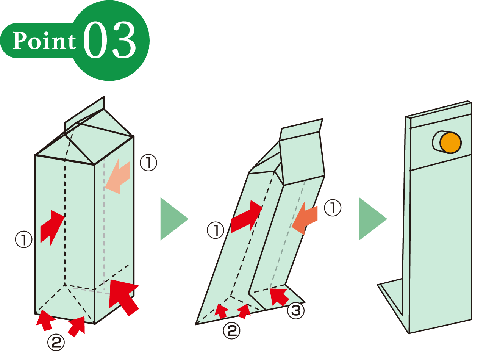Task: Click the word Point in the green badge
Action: pyautogui.click(x=44, y=41)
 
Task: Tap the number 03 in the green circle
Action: pyautogui.click(x=110, y=40)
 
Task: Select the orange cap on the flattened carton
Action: pyautogui.click(x=451, y=142)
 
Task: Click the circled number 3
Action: pyautogui.click(x=295, y=311)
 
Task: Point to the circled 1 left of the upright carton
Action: pyautogui.click(x=23, y=239)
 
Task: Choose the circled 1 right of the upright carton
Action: pyautogui.click(x=148, y=163)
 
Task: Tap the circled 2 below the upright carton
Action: pyautogui.click(x=56, y=342)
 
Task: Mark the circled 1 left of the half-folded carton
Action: pyautogui.click(x=216, y=230)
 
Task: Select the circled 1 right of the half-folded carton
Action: pyautogui.click(x=333, y=208)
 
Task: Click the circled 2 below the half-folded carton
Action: pyautogui.click(x=231, y=330)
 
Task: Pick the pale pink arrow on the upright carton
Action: pyautogui.click(x=117, y=176)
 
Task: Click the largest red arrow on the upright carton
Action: pyautogui.click(x=123, y=297)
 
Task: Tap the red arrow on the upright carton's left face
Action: pyautogui.click(x=52, y=228)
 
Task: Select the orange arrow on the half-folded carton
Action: pyautogui.click(x=305, y=218)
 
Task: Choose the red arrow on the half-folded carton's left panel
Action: pyautogui.click(x=247, y=216)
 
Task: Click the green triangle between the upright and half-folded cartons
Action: pyautogui.click(x=174, y=219)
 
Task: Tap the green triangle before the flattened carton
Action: pyautogui.click(x=373, y=219)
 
